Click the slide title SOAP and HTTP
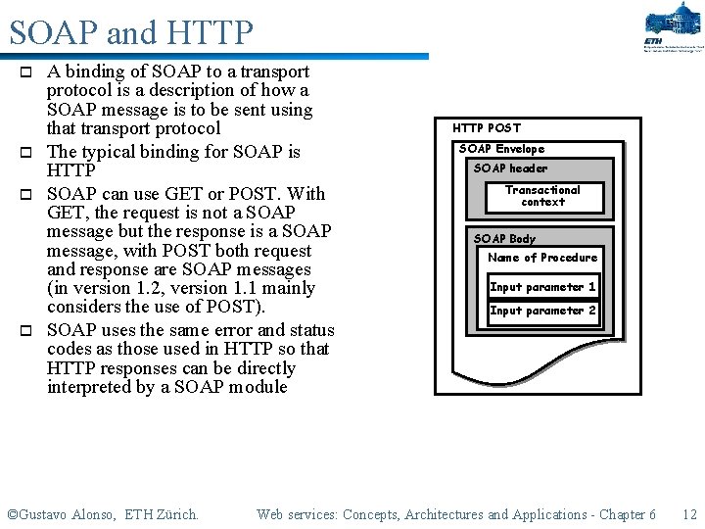tap(130, 33)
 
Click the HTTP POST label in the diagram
tap(487, 127)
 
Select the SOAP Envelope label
tap(501, 149)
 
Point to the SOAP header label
tap(510, 168)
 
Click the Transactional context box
tap(542, 196)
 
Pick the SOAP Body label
tap(504, 239)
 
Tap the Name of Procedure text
tap(542, 258)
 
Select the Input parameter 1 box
tap(542, 287)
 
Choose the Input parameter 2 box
tap(542, 311)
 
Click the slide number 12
tap(689, 514)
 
